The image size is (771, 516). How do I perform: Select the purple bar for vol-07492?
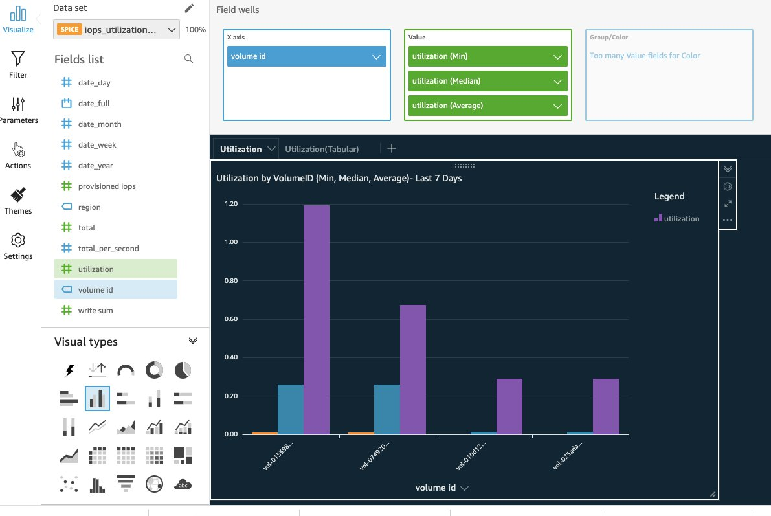[x=412, y=369]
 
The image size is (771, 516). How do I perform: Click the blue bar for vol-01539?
[x=290, y=409]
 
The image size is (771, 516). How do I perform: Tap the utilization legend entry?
[x=677, y=219]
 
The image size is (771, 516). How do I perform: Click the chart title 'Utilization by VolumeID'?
[x=339, y=178]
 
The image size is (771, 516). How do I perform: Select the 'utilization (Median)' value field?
[x=487, y=81]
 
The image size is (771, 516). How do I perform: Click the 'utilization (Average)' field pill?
[x=487, y=106]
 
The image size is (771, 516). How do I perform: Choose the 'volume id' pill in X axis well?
[x=307, y=56]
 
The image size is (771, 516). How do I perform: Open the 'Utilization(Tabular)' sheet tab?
[x=322, y=149]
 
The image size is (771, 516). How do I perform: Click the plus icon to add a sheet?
[x=391, y=148]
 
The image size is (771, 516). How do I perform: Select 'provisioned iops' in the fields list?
[x=107, y=186]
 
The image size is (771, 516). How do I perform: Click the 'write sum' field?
[x=95, y=311]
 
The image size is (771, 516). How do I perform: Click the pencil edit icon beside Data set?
[x=189, y=8]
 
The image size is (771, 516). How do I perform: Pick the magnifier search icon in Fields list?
[x=188, y=59]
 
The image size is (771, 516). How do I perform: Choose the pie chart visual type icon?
[x=183, y=370]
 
